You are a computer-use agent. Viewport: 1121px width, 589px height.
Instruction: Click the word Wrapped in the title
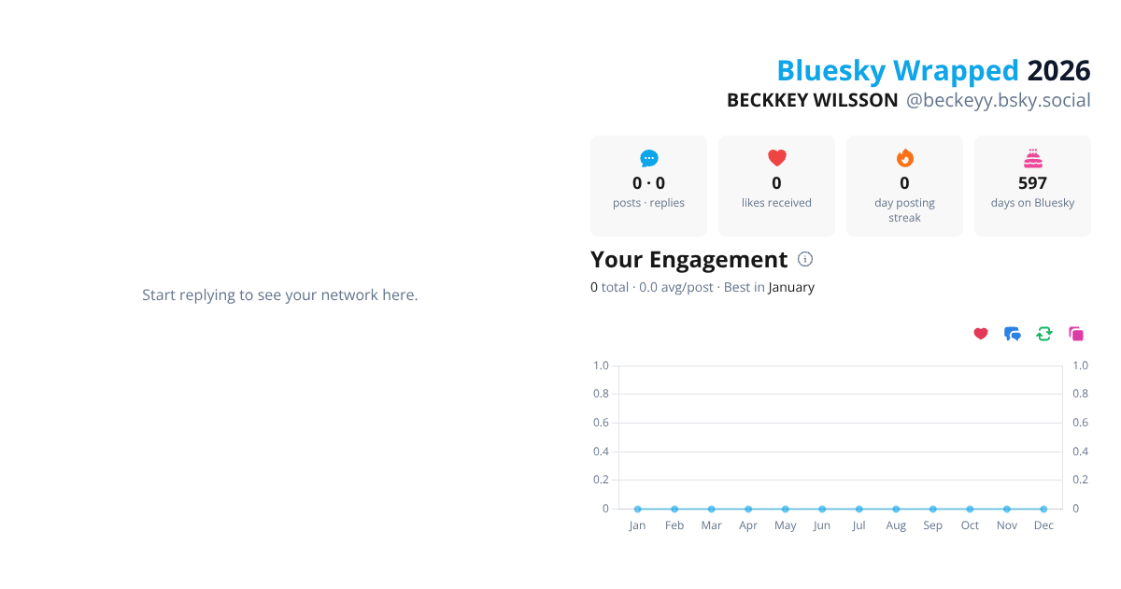pos(955,71)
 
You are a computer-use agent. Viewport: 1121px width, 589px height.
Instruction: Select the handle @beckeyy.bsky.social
pos(998,100)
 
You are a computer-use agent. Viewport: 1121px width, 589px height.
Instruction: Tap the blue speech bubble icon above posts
pos(648,158)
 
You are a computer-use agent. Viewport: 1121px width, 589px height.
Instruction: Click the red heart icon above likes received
pos(776,158)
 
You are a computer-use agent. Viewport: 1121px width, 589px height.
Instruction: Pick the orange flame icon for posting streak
pos(904,158)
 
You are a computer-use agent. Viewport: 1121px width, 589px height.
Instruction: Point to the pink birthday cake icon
pos(1032,158)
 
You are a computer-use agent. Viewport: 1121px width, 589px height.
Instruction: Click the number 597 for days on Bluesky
pos(1032,183)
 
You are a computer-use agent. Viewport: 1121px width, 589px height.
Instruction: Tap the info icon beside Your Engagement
pos(805,259)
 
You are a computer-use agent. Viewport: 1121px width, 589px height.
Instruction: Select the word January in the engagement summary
pos(791,287)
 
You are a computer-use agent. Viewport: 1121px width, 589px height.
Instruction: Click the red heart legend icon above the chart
pos(981,334)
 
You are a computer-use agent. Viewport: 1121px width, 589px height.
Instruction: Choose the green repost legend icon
pos(1044,334)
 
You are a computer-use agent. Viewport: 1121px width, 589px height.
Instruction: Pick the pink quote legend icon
pos(1076,334)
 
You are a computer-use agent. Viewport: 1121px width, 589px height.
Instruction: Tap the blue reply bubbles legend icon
pos(1013,334)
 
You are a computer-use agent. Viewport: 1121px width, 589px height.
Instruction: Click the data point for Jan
pos(637,509)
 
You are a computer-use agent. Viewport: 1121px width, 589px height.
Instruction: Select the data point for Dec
pos(1043,509)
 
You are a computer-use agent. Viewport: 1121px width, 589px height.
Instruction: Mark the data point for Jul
pos(858,509)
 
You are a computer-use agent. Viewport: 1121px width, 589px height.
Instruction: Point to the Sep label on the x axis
pos(932,525)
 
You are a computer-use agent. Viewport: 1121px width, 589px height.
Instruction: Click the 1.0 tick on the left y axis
pos(601,366)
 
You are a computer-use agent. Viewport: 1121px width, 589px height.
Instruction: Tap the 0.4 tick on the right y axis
pos(1080,452)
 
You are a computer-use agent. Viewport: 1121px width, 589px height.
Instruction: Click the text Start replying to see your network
pos(279,294)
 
